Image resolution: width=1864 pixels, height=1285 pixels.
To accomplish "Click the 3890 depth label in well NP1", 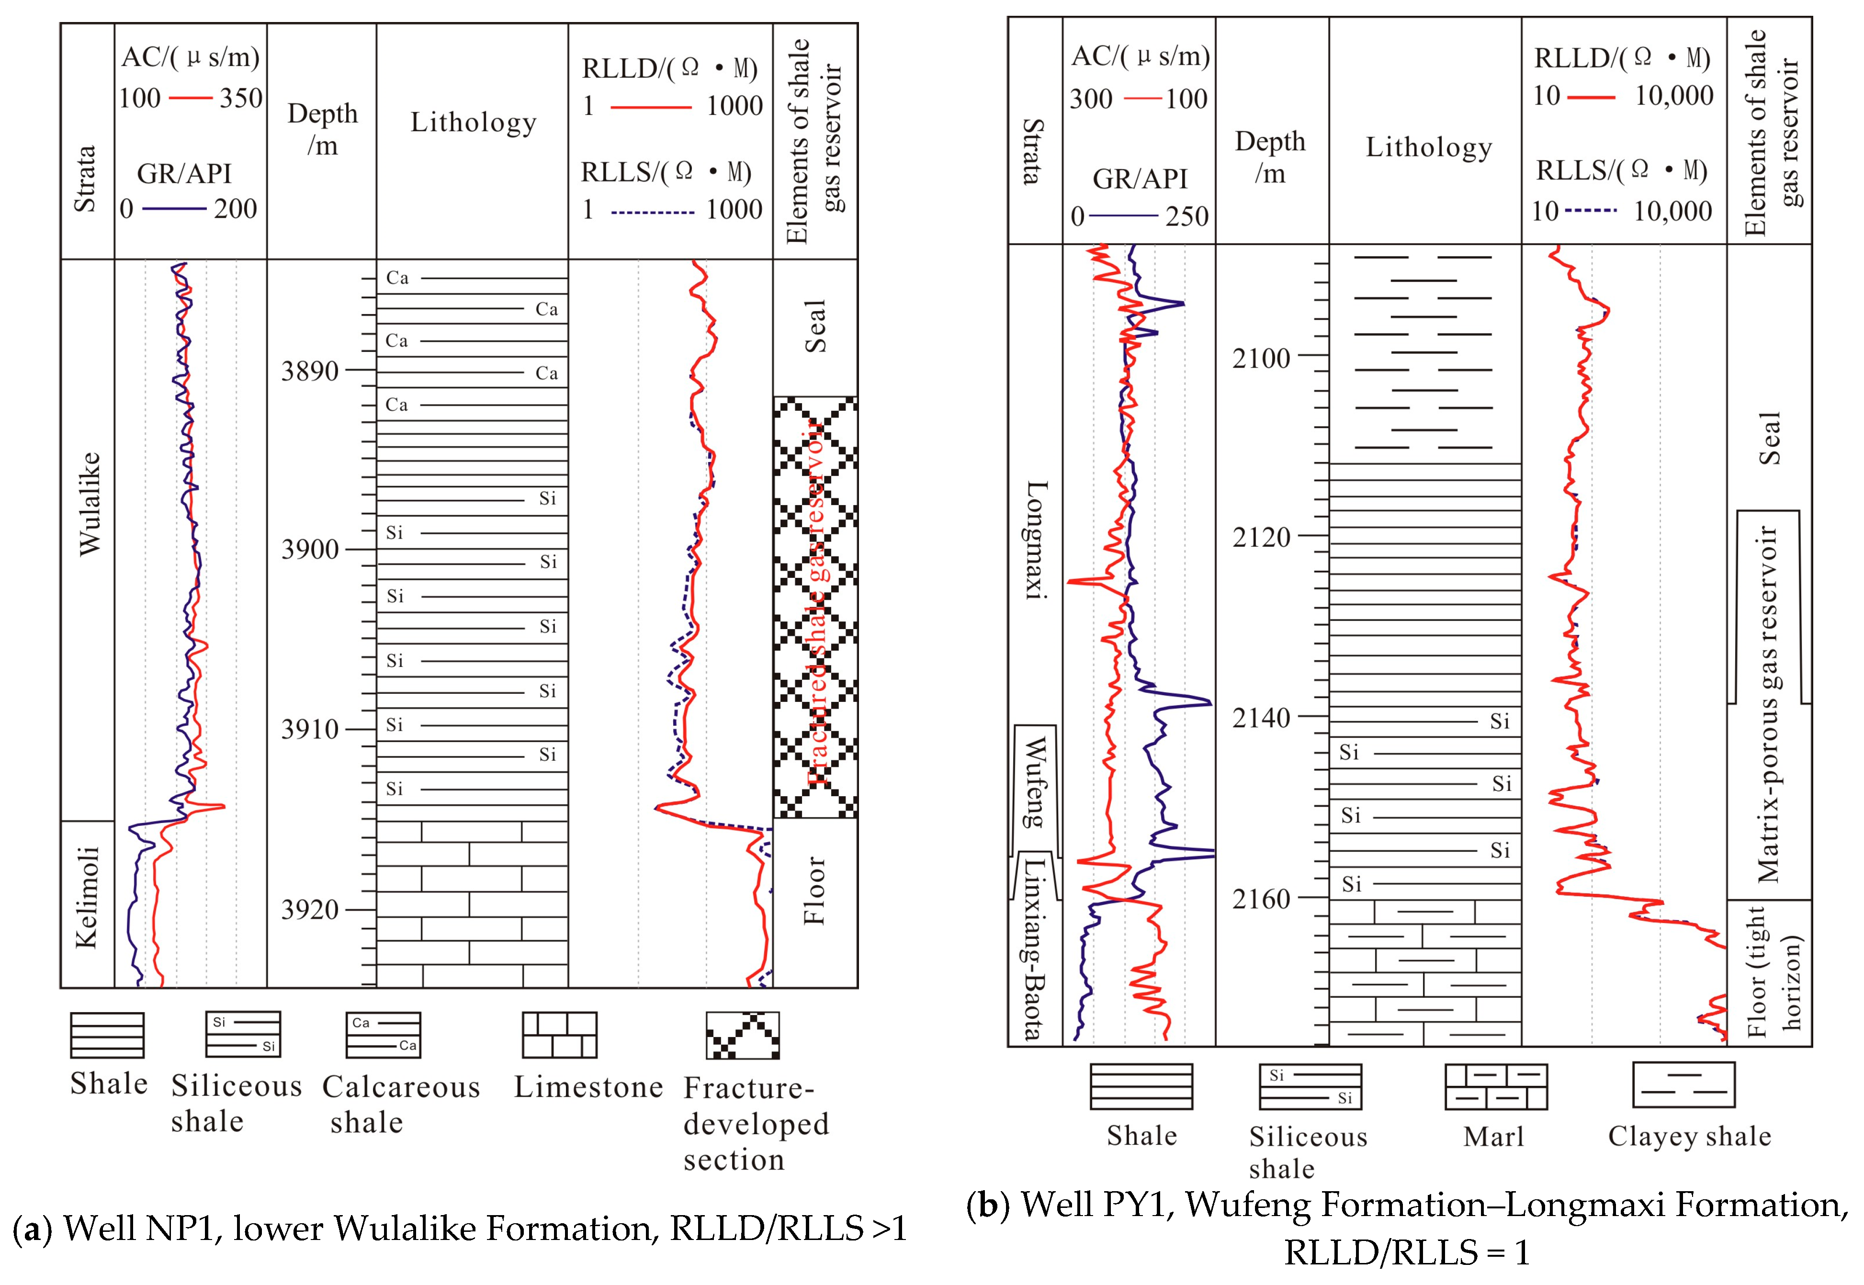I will coord(309,371).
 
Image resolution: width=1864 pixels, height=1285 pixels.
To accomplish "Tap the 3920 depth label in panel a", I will coord(309,910).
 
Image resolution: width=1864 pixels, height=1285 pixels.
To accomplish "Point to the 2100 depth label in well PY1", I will coord(1261,358).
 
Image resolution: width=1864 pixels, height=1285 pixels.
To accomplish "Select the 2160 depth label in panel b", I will coord(1261,899).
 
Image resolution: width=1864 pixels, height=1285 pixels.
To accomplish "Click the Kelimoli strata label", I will coord(87,896).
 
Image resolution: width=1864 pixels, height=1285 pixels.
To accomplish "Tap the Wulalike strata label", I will coord(89,503).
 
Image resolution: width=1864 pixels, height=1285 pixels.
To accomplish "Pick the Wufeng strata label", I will coord(1034,781).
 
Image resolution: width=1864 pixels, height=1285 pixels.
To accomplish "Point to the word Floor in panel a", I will coord(815,890).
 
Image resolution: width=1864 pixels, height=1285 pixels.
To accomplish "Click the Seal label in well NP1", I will coord(815,326).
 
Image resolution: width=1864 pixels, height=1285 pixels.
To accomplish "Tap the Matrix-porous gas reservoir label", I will coord(1767,704).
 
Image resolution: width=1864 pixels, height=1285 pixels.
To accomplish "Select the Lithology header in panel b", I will coord(1428,147).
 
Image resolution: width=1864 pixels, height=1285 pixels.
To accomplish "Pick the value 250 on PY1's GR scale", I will coord(1187,216).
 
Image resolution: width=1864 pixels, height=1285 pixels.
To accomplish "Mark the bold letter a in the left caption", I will coord(32,1229).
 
